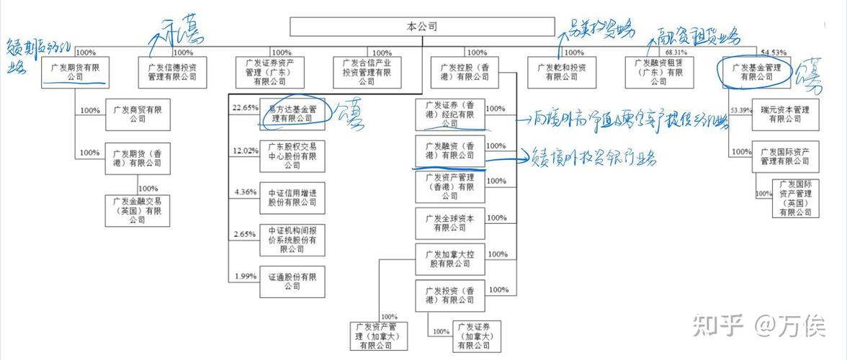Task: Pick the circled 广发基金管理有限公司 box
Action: pyautogui.click(x=756, y=72)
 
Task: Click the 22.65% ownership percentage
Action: pyautogui.click(x=244, y=108)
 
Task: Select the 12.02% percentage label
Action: pyautogui.click(x=244, y=150)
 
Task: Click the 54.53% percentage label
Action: pyautogui.click(x=773, y=53)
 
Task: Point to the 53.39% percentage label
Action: pyautogui.click(x=740, y=110)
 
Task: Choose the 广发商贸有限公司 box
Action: pyautogui.click(x=138, y=114)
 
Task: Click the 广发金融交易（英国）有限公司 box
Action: pyautogui.click(x=138, y=210)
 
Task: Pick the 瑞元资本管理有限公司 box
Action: pyautogui.click(x=784, y=114)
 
